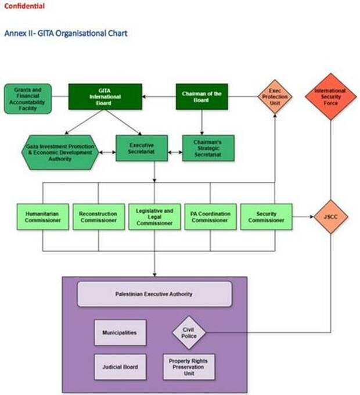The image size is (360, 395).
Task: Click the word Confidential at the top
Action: [x=24, y=6]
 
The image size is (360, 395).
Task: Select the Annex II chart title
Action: [x=66, y=33]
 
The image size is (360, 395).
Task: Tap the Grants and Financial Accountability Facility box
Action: [x=28, y=99]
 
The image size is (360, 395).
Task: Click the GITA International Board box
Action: [x=105, y=96]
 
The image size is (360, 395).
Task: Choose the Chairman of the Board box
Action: [x=201, y=96]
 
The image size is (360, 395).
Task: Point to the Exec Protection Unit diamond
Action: [x=275, y=96]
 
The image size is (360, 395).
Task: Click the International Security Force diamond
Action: [x=330, y=96]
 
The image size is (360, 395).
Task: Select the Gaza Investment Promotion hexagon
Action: [x=60, y=153]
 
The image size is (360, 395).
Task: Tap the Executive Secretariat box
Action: [x=142, y=149]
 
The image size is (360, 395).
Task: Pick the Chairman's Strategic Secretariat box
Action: [x=208, y=149]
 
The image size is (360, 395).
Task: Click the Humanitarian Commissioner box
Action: [x=43, y=217]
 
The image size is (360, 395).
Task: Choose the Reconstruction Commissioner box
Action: [x=98, y=217]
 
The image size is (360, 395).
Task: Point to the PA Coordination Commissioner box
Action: [x=210, y=217]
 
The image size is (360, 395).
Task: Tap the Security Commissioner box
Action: [x=266, y=217]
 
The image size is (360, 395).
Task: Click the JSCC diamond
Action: [x=330, y=217]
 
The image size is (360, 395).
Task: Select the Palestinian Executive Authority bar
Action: [x=154, y=294]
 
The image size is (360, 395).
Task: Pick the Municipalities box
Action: [x=120, y=332]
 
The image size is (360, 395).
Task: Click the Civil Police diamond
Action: [x=189, y=332]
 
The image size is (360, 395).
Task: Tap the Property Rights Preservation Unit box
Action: [x=189, y=367]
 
